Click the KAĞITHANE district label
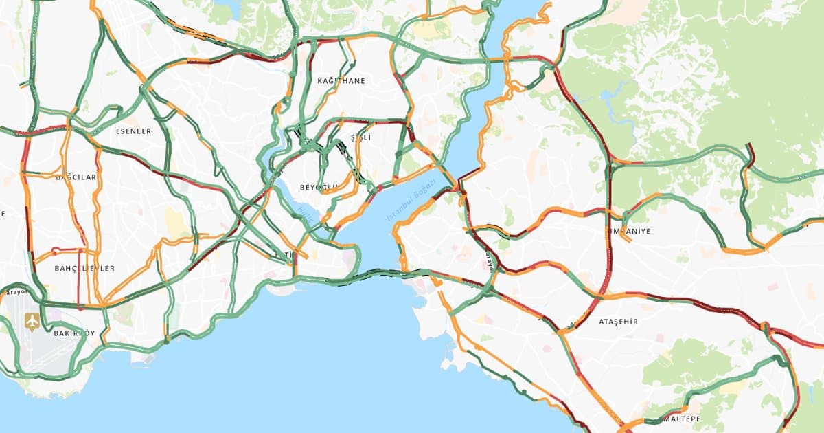tap(341, 81)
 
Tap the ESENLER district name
tap(133, 131)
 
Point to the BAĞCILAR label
tap(76, 177)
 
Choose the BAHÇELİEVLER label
tap(84, 269)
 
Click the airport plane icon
tap(32, 321)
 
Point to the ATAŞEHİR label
tap(618, 322)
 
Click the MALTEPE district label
tap(679, 419)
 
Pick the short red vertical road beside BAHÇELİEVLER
tap(79, 289)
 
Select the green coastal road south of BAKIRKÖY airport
tap(41, 375)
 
